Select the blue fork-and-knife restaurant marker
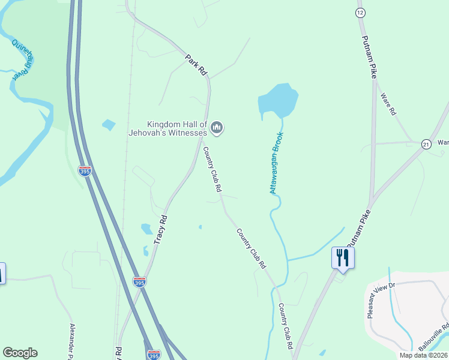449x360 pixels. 343,257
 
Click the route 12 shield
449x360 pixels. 360,12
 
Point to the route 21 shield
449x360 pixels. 426,144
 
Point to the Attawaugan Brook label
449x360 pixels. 276,163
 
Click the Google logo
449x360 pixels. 20,353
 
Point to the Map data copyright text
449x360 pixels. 423,355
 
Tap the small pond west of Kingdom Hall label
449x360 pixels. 109,125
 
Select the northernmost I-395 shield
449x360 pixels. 85,171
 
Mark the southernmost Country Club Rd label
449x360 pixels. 285,326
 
